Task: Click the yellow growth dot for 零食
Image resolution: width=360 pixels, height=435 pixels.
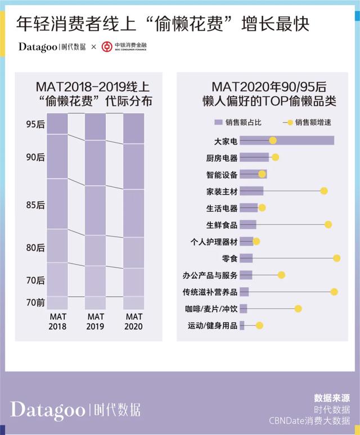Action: point(336,258)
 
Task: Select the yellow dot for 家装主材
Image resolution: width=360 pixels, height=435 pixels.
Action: point(324,191)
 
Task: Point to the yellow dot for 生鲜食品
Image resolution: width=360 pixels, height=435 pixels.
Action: point(328,225)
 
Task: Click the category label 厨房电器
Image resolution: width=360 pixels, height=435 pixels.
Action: point(222,158)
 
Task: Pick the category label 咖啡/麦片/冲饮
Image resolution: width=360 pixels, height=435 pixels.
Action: point(211,309)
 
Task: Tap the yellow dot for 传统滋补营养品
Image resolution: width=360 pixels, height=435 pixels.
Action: point(334,292)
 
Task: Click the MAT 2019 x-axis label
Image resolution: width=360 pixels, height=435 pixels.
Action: point(96,321)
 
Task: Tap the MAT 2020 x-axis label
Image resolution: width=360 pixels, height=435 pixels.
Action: point(134,321)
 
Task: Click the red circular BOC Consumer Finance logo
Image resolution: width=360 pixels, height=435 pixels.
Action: point(107,47)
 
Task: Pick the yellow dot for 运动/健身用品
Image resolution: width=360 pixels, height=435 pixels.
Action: point(259,325)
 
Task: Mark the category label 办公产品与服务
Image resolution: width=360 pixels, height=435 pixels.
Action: point(210,275)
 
